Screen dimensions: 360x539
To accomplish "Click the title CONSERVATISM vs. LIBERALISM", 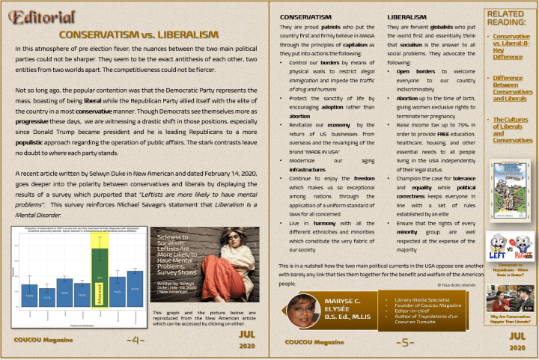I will click(138, 34).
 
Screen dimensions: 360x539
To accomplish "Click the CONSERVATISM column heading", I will click(306, 16).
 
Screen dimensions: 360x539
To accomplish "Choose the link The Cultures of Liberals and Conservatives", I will click(513, 129).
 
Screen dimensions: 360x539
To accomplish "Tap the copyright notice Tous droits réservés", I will click(457, 284).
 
